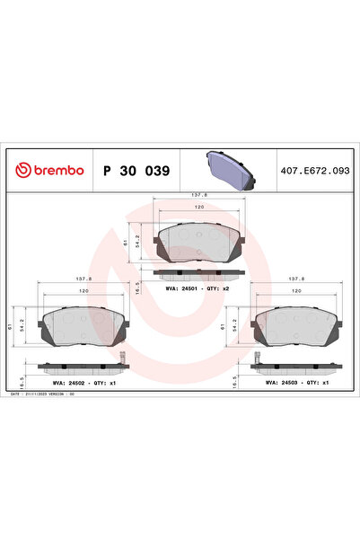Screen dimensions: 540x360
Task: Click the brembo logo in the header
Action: tap(50, 170)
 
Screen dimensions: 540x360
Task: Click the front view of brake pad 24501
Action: tap(200, 243)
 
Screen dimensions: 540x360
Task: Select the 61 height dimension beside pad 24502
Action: tap(10, 328)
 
